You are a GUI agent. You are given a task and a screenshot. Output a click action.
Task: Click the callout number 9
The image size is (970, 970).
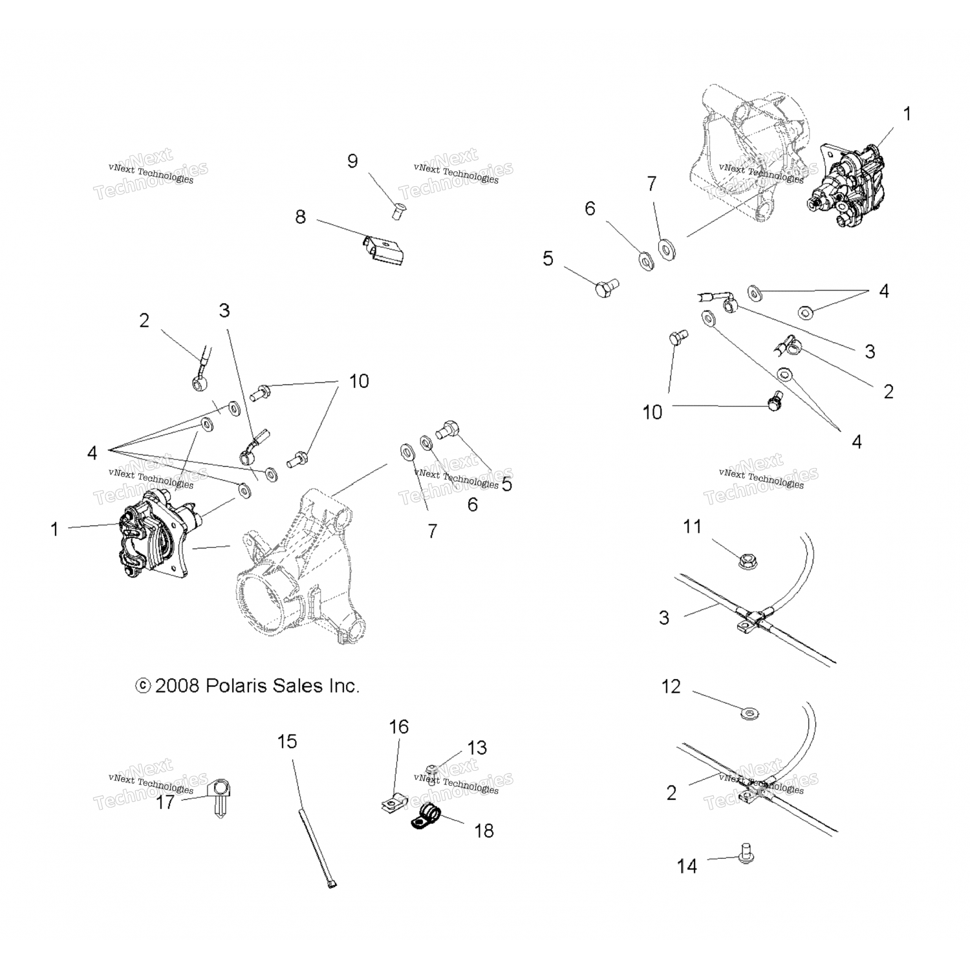pos(352,161)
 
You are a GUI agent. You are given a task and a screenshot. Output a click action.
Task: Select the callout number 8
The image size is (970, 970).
pos(300,217)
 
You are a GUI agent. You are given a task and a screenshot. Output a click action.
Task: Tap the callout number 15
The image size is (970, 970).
pos(287,741)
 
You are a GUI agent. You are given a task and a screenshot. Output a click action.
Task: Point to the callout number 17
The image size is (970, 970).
pos(166,803)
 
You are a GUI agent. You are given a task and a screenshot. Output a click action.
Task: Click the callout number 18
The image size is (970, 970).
pos(484,830)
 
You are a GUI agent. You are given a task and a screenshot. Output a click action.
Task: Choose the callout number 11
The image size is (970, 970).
pos(692,527)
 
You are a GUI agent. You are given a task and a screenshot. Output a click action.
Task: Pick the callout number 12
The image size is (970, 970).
pos(671,687)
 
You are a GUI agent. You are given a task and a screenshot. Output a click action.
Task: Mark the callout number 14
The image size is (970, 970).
pos(687,867)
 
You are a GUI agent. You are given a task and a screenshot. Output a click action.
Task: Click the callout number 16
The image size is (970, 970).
pos(399,727)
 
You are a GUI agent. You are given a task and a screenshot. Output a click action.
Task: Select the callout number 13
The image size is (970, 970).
pos(477,748)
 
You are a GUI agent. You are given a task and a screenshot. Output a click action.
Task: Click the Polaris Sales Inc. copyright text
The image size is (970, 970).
pos(247,685)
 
